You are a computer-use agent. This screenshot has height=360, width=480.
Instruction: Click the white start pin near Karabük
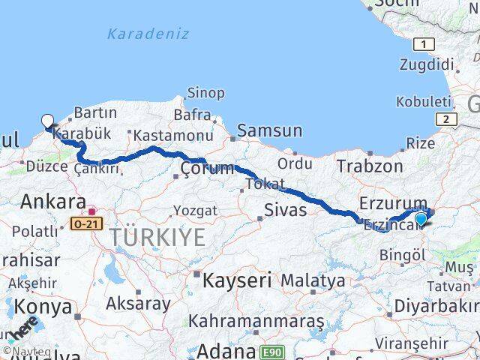(47, 121)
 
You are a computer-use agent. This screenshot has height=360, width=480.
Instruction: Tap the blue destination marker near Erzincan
(421, 219)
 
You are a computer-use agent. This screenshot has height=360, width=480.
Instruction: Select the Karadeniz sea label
(148, 34)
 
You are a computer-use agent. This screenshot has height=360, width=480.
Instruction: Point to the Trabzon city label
(370, 166)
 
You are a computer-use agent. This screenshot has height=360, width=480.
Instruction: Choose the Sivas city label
(285, 209)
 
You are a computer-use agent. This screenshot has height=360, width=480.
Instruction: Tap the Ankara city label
(52, 201)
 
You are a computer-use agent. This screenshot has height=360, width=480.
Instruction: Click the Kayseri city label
(238, 280)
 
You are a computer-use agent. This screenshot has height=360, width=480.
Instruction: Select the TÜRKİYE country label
(157, 238)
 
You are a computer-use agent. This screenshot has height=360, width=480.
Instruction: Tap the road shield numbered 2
(446, 119)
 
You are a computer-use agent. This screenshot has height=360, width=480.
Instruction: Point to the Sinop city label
(205, 93)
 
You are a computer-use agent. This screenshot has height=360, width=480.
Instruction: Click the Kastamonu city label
(172, 136)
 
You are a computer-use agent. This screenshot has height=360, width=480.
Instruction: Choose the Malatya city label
(313, 281)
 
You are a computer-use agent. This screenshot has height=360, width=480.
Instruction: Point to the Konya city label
(46, 307)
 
